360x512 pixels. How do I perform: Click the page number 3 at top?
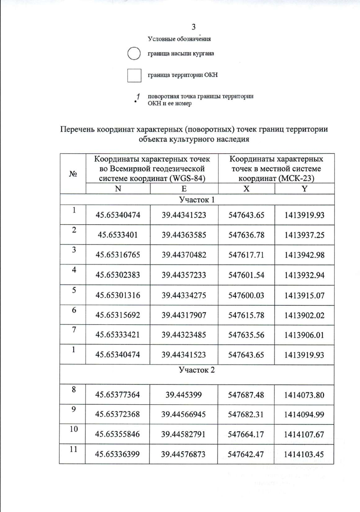(x=193, y=27)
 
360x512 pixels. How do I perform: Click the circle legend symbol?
(x=134, y=54)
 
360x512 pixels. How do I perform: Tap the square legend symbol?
(x=134, y=75)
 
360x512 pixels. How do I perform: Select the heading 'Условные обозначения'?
(x=179, y=39)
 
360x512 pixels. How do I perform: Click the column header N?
(x=118, y=189)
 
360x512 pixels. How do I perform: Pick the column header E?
(x=184, y=189)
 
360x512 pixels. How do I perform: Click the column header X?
(x=246, y=189)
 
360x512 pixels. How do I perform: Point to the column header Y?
(x=304, y=189)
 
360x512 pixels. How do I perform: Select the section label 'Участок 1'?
(x=197, y=200)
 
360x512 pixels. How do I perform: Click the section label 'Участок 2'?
(x=197, y=370)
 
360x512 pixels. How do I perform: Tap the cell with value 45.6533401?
(x=118, y=235)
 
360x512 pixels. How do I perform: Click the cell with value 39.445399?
(x=183, y=395)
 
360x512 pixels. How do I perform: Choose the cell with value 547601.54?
(x=246, y=275)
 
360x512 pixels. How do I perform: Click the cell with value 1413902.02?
(x=304, y=315)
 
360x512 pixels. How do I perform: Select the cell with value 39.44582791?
(x=183, y=434)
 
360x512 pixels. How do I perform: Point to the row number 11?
(x=73, y=449)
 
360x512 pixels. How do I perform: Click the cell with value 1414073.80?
(x=304, y=395)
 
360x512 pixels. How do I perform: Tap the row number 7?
(x=74, y=330)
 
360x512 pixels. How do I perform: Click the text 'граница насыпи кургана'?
(x=181, y=54)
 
